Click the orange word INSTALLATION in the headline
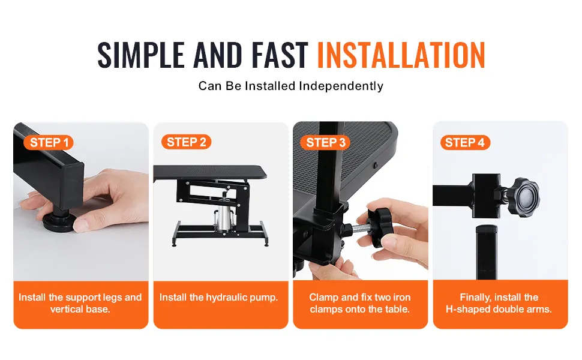(401, 55)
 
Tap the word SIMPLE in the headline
(141, 55)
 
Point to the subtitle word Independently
(341, 86)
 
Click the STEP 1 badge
(49, 143)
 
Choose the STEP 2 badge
(187, 142)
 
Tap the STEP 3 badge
(326, 143)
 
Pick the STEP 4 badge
(465, 143)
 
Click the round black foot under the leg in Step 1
(59, 222)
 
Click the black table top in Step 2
(210, 173)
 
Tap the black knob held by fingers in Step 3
(378, 227)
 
